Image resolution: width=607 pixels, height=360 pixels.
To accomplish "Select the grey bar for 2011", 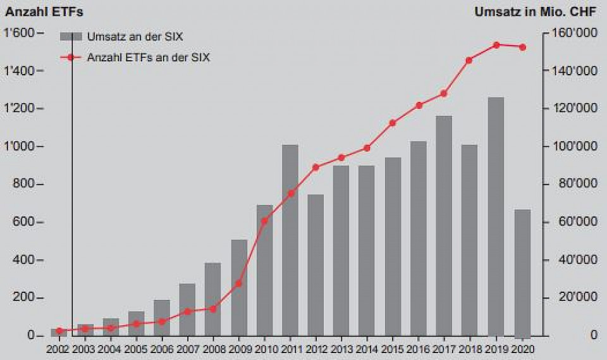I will pyautogui.click(x=290, y=240).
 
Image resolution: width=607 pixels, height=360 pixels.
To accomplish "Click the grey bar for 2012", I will pyautogui.click(x=316, y=265).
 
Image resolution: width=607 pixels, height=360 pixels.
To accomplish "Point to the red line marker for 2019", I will pyautogui.click(x=496, y=45).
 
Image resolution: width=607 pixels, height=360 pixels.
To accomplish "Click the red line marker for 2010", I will pyautogui.click(x=264, y=221).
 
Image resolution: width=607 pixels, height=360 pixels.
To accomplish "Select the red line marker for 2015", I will pyautogui.click(x=393, y=123).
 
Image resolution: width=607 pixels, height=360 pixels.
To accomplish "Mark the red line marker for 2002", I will pyautogui.click(x=59, y=331).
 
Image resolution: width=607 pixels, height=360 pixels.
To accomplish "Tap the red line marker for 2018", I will pyautogui.click(x=469, y=60).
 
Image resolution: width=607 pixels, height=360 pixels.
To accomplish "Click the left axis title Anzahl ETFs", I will pyautogui.click(x=44, y=11).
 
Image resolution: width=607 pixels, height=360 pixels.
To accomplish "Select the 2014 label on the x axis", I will pyautogui.click(x=367, y=349).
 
